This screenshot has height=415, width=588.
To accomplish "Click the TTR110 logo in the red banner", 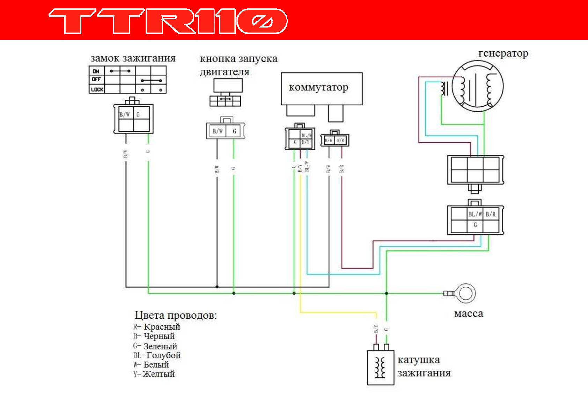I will (x=168, y=21).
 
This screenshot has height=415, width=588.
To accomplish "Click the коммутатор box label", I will (x=318, y=87).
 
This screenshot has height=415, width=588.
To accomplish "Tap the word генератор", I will (x=503, y=53).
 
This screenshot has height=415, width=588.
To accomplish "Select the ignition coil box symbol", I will (x=381, y=368).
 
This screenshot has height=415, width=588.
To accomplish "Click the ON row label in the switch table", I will (x=96, y=71).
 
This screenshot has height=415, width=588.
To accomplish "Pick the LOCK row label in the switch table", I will (x=97, y=90).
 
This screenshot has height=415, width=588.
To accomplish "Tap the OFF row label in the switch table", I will (x=96, y=80).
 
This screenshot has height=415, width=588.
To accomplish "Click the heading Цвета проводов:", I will (x=176, y=315).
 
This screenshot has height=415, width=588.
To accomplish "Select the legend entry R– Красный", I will (x=157, y=327).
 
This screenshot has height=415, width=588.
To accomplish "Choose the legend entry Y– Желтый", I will (x=154, y=374).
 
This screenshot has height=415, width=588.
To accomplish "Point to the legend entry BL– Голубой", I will (x=157, y=355).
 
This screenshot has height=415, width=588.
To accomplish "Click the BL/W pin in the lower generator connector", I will (x=475, y=214).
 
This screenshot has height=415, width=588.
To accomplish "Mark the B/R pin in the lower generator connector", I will (x=491, y=214).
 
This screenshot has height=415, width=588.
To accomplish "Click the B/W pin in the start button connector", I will (x=218, y=131).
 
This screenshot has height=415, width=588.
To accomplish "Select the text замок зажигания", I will (x=133, y=58).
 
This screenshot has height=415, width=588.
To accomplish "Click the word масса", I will (x=469, y=314).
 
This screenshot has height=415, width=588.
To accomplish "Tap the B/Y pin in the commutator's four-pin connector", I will (x=306, y=142).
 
